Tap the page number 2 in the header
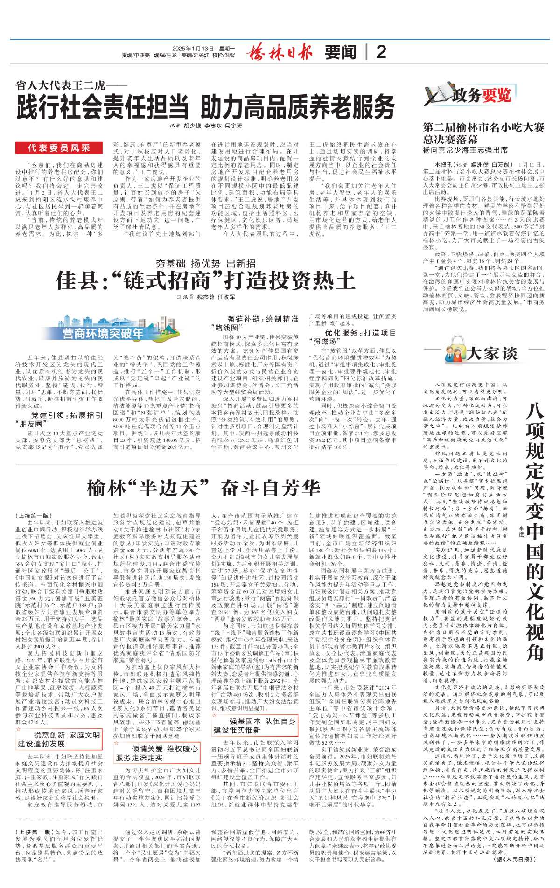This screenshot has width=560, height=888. (381, 52)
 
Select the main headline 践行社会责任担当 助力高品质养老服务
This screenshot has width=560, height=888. (205, 107)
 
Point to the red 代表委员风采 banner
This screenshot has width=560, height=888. (59, 148)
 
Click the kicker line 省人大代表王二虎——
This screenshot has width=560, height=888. (71, 86)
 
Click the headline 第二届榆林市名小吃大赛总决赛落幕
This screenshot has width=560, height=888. (483, 133)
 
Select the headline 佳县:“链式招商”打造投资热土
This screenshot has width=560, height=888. (205, 281)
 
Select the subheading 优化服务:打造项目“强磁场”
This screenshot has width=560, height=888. (353, 337)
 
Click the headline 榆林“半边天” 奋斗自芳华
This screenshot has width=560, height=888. (203, 488)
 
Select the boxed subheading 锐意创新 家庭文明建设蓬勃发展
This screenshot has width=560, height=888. (59, 739)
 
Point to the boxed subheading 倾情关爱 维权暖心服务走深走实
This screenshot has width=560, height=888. (157, 753)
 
